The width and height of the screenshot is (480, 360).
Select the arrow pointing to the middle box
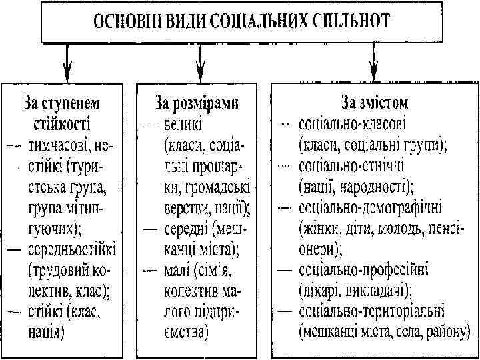pos(199,64)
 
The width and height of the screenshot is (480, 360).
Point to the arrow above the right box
pos(374,64)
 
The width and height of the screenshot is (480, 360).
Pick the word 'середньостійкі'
pos(71,251)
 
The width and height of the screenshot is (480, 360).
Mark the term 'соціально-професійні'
pos(364,271)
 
